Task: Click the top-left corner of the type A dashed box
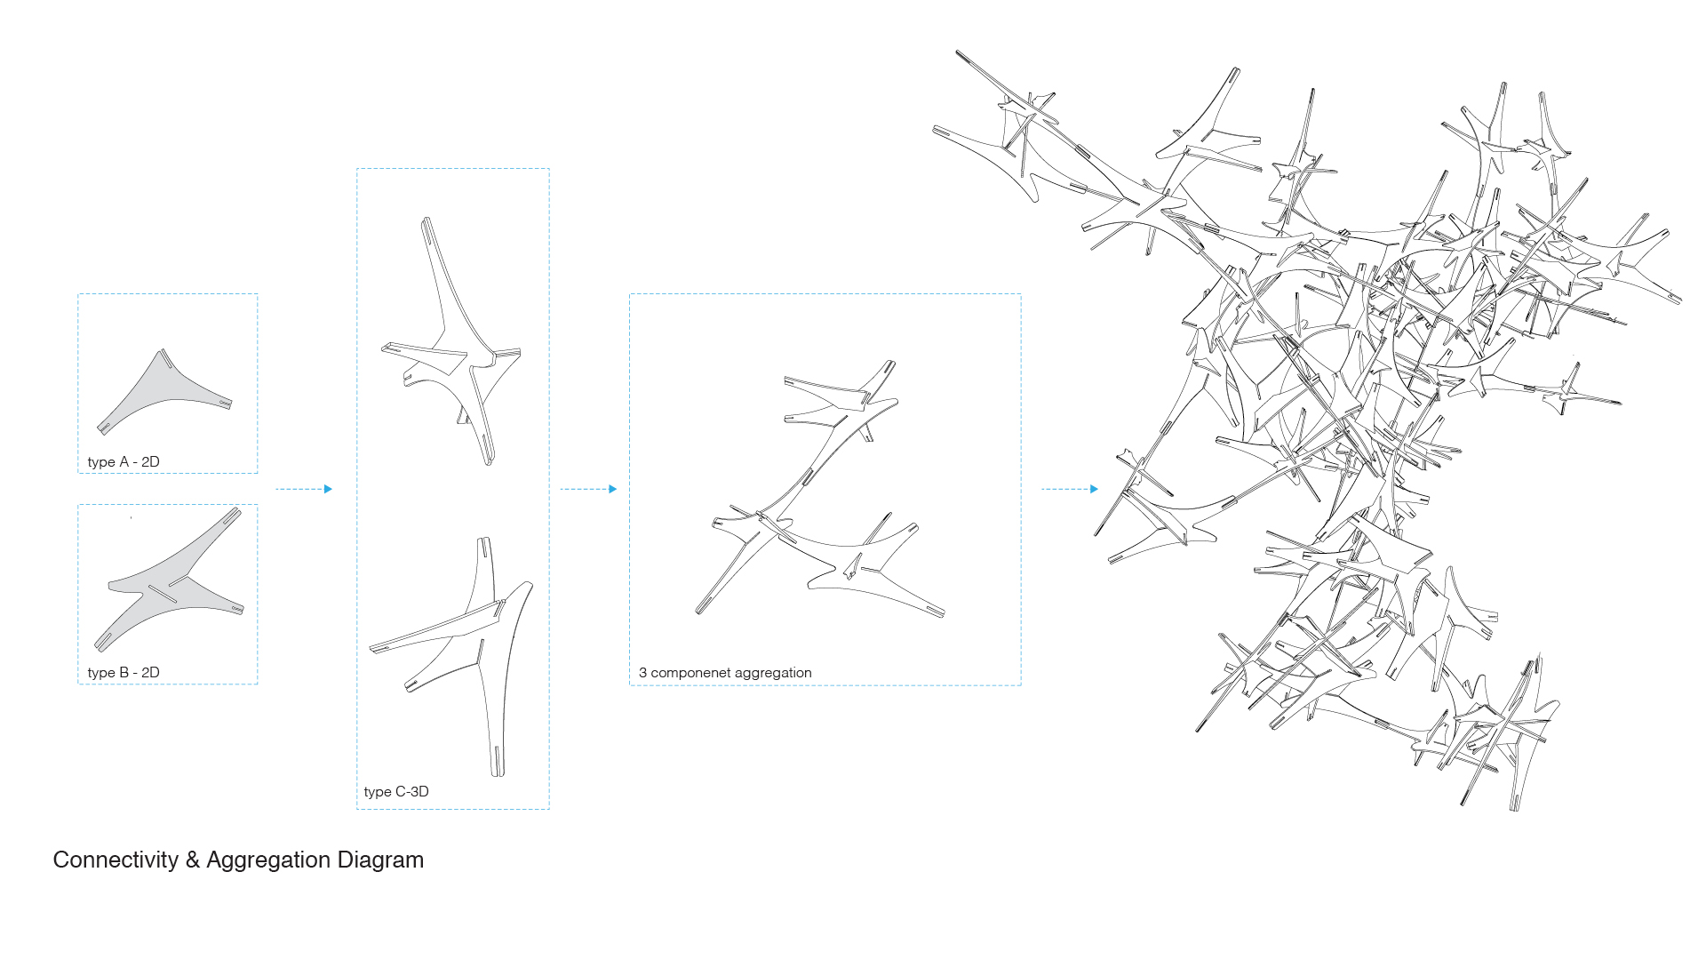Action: (78, 294)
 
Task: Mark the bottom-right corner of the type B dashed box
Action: (258, 684)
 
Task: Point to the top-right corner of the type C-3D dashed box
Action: (549, 169)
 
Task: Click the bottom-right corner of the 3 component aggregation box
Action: (1021, 684)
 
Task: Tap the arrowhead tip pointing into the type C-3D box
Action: (332, 489)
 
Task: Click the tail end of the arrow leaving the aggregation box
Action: (1041, 489)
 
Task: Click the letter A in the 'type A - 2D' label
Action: (124, 461)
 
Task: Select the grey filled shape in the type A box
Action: (164, 391)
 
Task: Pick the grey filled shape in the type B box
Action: (169, 579)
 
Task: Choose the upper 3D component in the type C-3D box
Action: (451, 341)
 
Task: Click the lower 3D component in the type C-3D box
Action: (451, 656)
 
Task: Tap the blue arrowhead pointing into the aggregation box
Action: (613, 489)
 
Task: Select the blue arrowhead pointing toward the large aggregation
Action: (1095, 489)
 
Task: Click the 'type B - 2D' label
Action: (124, 672)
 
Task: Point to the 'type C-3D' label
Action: (396, 791)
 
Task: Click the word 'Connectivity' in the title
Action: (116, 860)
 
